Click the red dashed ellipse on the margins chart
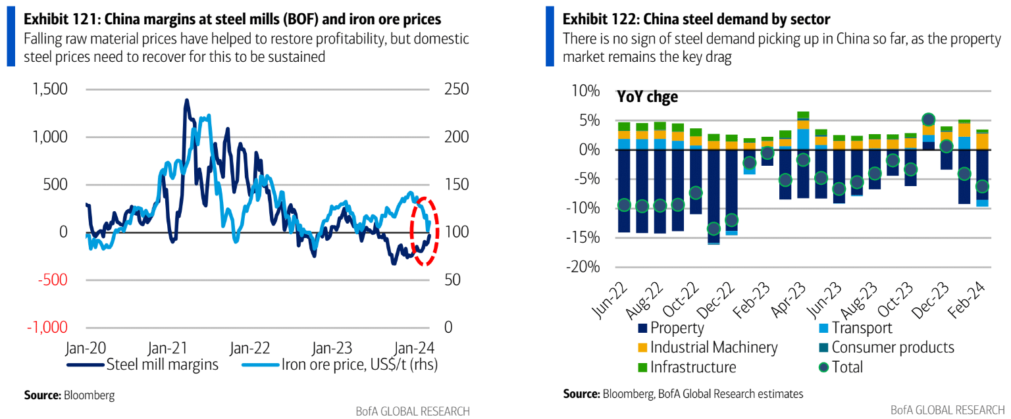[x=424, y=232]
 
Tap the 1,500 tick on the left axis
[x=51, y=89]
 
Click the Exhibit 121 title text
[x=232, y=19]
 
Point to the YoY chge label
[x=647, y=97]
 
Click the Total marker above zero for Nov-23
[x=928, y=120]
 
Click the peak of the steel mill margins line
[x=186, y=100]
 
